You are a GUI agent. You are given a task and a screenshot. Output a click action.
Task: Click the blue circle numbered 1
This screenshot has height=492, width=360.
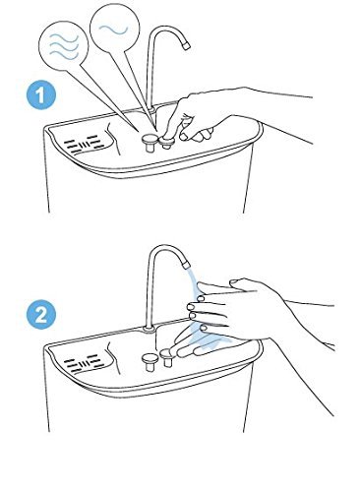coord(41,95)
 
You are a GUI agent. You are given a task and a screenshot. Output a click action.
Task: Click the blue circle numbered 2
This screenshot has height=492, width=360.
coord(41,316)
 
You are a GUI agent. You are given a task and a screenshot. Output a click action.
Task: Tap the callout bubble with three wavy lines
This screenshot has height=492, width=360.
coord(64,46)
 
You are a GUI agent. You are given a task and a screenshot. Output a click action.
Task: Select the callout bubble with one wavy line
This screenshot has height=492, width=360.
coord(114,30)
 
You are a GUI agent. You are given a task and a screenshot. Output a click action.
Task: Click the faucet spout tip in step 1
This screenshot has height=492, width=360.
coord(187,45)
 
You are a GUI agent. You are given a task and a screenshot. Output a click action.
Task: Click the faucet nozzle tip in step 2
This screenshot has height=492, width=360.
coord(186,263)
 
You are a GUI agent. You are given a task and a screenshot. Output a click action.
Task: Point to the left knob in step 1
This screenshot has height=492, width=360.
coord(150,143)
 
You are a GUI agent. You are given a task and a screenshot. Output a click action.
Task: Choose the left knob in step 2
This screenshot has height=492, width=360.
coord(150,362)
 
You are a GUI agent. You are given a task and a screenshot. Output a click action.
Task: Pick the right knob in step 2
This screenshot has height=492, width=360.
coord(167,358)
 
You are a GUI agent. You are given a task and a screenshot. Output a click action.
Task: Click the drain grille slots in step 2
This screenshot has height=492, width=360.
coord(85,362)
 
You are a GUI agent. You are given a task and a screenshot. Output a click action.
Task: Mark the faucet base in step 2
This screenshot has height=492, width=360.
coord(150,328)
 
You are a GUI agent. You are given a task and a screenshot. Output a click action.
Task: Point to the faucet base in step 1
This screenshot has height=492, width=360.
coord(150,109)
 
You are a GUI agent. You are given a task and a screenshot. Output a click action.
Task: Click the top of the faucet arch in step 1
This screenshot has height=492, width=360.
coord(164,29)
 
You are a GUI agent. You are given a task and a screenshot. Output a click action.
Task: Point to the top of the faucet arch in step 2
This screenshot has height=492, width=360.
coord(164,247)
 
